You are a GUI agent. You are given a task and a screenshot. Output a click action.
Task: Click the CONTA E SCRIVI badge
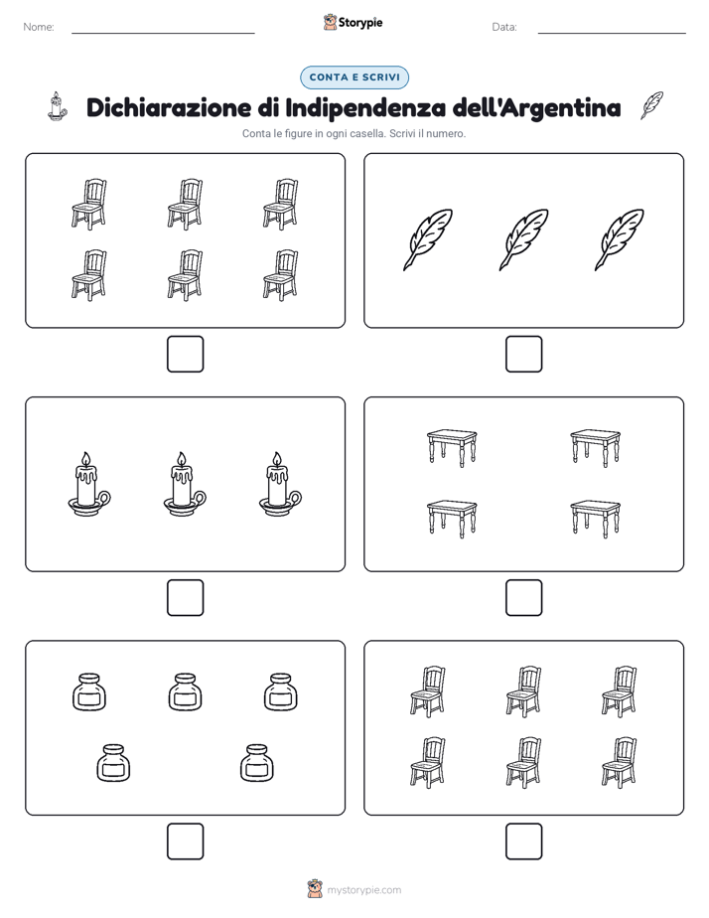click(x=354, y=77)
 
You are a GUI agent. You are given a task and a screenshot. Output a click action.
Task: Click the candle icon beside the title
click(x=57, y=106)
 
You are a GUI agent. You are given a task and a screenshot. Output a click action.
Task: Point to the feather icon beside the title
click(x=651, y=105)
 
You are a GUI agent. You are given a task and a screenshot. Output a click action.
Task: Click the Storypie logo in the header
click(x=353, y=22)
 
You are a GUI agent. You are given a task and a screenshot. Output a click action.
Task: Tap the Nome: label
click(x=39, y=27)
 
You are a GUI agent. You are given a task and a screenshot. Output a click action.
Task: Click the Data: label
click(x=504, y=27)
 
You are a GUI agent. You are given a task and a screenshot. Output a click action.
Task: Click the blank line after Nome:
click(x=163, y=33)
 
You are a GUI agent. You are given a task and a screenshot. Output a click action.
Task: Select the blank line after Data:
click(x=612, y=33)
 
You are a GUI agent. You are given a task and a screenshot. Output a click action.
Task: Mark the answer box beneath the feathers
click(x=523, y=355)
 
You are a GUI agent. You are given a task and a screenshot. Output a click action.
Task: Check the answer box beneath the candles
click(x=186, y=598)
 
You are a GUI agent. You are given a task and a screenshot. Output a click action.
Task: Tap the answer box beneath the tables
click(x=523, y=598)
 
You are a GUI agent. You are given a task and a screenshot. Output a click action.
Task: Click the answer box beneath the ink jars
click(x=186, y=841)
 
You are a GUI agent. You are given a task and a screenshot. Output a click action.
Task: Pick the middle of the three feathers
click(x=523, y=239)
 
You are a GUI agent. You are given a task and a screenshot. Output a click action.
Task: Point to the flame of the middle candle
click(x=182, y=460)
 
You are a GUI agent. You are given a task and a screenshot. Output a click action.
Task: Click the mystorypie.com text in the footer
click(x=363, y=890)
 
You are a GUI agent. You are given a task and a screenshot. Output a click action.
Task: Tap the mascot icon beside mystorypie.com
click(x=315, y=889)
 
